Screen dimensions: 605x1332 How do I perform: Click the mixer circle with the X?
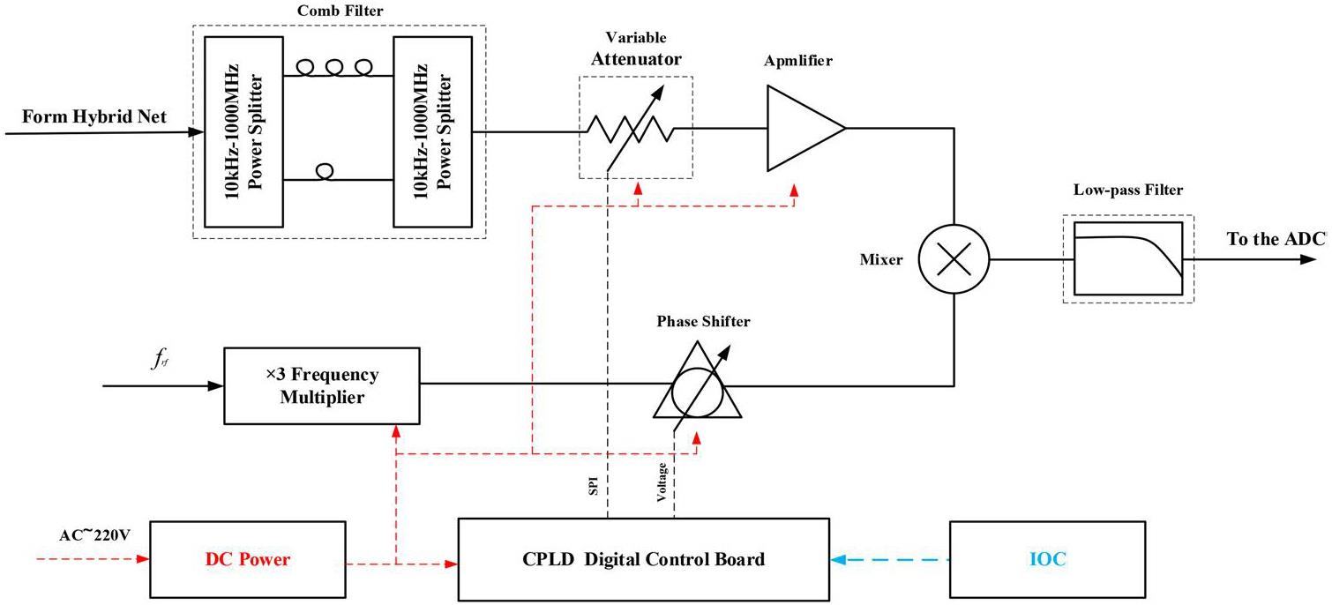pos(954,260)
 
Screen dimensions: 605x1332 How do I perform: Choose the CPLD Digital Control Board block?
pos(643,560)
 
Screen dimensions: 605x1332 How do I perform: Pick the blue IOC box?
pos(1046,560)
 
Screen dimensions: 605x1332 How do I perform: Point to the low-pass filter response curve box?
pos(1128,259)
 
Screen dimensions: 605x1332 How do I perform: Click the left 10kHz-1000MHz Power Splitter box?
pos(243,131)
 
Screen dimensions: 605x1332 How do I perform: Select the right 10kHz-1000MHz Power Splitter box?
pos(432,131)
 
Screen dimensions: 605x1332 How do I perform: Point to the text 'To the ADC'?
pos(1264,240)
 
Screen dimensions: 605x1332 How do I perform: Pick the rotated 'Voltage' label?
pos(662,482)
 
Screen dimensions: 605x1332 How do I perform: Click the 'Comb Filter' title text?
pos(340,10)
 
